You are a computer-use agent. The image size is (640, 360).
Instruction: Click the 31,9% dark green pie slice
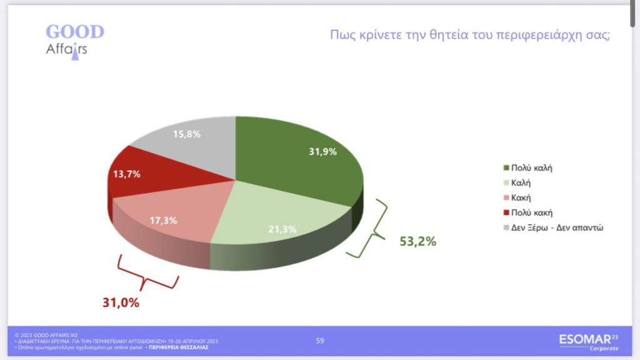[302, 159]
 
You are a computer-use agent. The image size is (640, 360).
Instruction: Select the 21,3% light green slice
[277, 221]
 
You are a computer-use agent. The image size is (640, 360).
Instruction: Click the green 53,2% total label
[417, 241]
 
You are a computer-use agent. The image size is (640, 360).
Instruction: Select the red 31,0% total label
[121, 302]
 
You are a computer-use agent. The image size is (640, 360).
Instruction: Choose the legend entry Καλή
[517, 183]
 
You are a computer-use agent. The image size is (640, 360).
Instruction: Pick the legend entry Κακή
[517, 198]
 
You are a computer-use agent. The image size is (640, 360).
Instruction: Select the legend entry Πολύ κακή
[527, 212]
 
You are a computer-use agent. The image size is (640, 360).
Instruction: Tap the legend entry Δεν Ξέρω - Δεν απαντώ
[554, 227]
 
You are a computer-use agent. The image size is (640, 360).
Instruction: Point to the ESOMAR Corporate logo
[589, 342]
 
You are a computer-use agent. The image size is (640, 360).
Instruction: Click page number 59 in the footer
[320, 341]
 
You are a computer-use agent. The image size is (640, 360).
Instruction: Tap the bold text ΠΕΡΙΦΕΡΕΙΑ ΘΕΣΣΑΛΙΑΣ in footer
[179, 347]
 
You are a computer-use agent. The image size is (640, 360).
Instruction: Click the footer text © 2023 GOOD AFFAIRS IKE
[46, 335]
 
